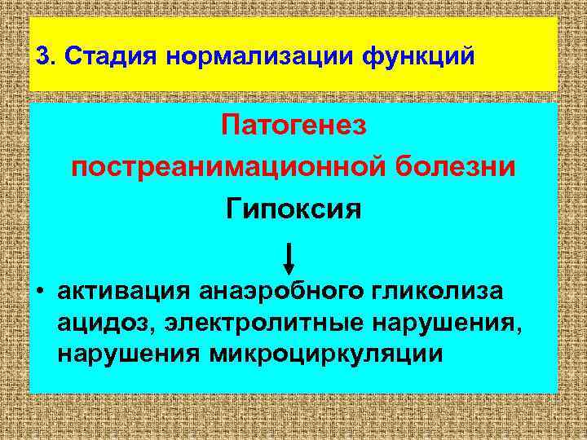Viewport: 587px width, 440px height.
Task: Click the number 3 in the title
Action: [x=42, y=57]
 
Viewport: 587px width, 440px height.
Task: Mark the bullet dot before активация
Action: [x=39, y=292]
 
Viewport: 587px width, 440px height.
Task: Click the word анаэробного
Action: [x=277, y=292]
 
